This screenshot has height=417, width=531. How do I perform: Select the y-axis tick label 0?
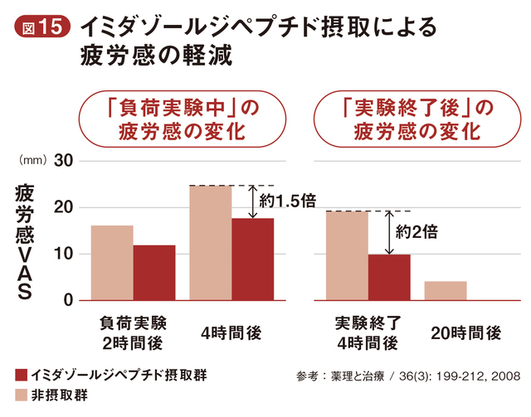point(70,300)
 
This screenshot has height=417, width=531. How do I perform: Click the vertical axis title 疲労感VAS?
point(23,241)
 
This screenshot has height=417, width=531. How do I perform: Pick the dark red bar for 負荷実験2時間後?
point(153,273)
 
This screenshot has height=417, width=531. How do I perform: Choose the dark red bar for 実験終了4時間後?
point(389,277)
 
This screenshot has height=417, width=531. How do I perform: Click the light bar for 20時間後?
point(446,291)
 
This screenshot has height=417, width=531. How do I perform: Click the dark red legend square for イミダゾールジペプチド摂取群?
point(22,375)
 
